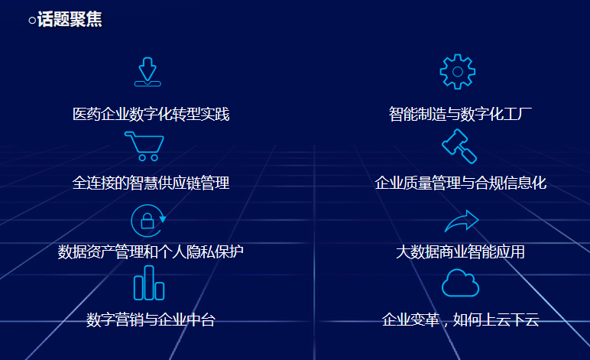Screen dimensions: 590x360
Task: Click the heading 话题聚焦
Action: [x=70, y=19]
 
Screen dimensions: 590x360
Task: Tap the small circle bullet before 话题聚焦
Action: [x=32, y=21]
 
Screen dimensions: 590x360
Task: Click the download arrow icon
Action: [x=147, y=72]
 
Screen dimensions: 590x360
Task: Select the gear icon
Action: [x=458, y=72]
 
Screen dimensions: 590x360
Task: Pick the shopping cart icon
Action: [x=144, y=146]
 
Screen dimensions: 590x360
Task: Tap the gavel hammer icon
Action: [x=459, y=146]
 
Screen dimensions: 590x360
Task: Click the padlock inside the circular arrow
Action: [x=147, y=222]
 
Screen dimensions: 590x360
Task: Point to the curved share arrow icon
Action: [x=462, y=221]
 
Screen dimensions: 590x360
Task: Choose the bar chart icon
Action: [x=149, y=283]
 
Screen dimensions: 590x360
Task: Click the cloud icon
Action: [x=460, y=283]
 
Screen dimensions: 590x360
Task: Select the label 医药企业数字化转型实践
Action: [x=151, y=115]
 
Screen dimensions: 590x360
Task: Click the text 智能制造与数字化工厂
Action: [x=460, y=115]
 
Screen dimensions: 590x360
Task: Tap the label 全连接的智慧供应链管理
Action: [x=151, y=183]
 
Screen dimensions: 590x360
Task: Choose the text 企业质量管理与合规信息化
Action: [x=461, y=183]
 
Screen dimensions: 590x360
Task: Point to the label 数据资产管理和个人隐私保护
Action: [x=151, y=252]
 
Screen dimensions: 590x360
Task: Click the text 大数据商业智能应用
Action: [x=460, y=252]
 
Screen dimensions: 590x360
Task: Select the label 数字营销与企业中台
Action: [x=151, y=320]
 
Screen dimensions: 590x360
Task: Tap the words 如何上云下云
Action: [x=496, y=320]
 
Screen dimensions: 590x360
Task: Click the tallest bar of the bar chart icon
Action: [x=149, y=283]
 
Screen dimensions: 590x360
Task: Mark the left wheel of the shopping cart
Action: [x=142, y=157]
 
